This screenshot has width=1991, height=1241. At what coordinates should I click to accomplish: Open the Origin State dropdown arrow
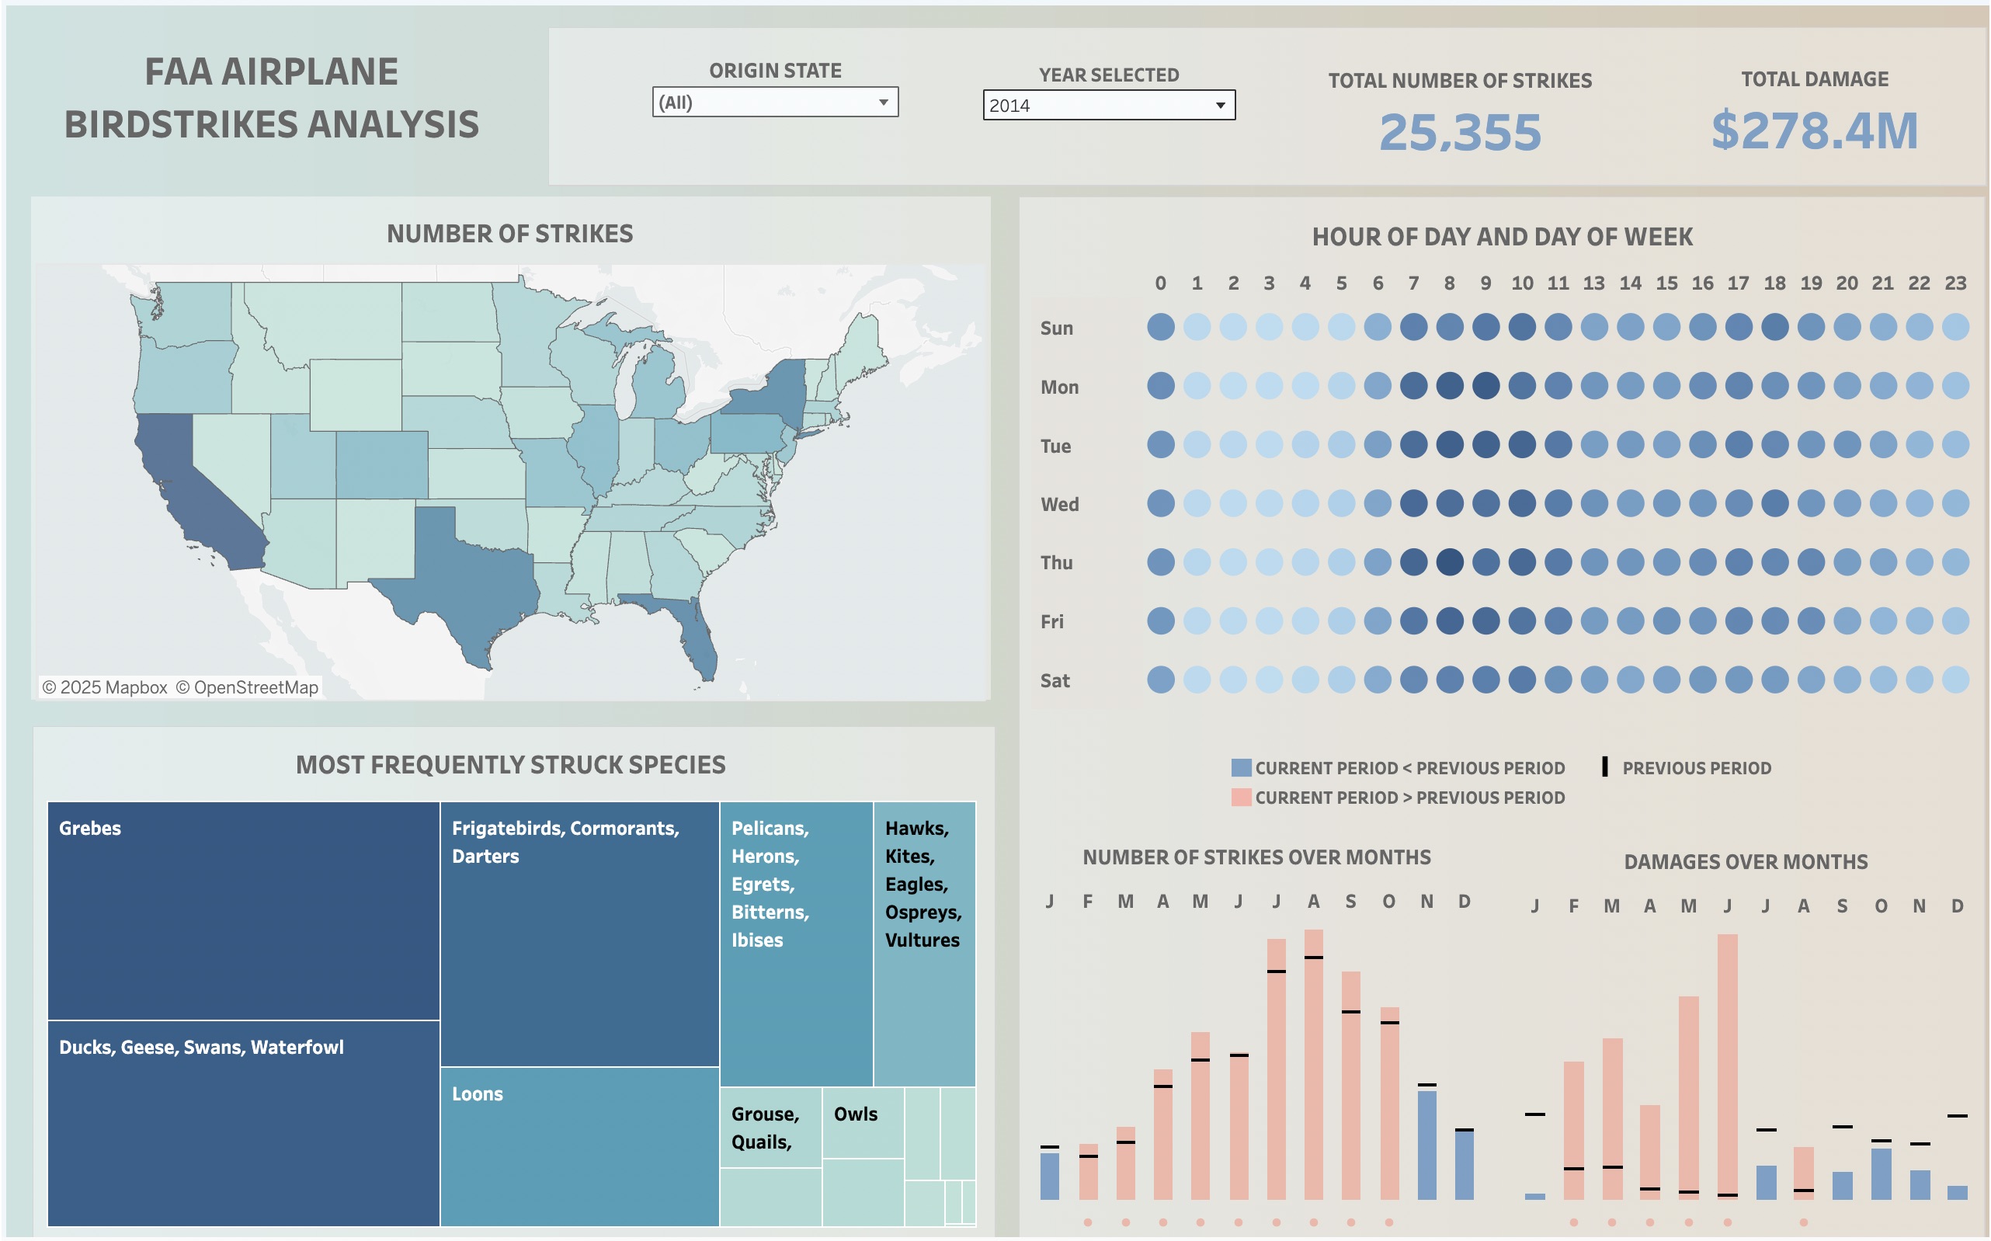click(883, 103)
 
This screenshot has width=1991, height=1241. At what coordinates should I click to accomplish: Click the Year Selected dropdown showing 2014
click(1108, 105)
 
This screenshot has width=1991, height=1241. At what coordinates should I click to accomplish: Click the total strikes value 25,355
click(1460, 131)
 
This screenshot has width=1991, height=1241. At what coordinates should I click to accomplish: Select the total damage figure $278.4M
click(1814, 130)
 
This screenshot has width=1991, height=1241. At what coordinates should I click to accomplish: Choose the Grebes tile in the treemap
click(243, 910)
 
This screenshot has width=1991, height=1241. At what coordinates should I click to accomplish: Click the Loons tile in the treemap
click(579, 1145)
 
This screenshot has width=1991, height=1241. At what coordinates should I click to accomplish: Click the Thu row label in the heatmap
click(1056, 563)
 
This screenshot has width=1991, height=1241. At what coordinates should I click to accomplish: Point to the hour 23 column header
click(1955, 283)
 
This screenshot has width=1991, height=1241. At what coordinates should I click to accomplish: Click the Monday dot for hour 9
click(1485, 386)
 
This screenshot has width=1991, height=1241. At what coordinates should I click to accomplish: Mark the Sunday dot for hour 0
click(1160, 327)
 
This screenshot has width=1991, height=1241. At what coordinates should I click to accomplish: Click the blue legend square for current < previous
click(1241, 768)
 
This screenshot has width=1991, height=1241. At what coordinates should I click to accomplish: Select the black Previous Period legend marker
click(1604, 767)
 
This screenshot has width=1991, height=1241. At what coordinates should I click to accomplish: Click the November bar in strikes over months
click(1426, 1144)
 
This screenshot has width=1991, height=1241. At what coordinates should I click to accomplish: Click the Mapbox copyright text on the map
click(104, 688)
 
